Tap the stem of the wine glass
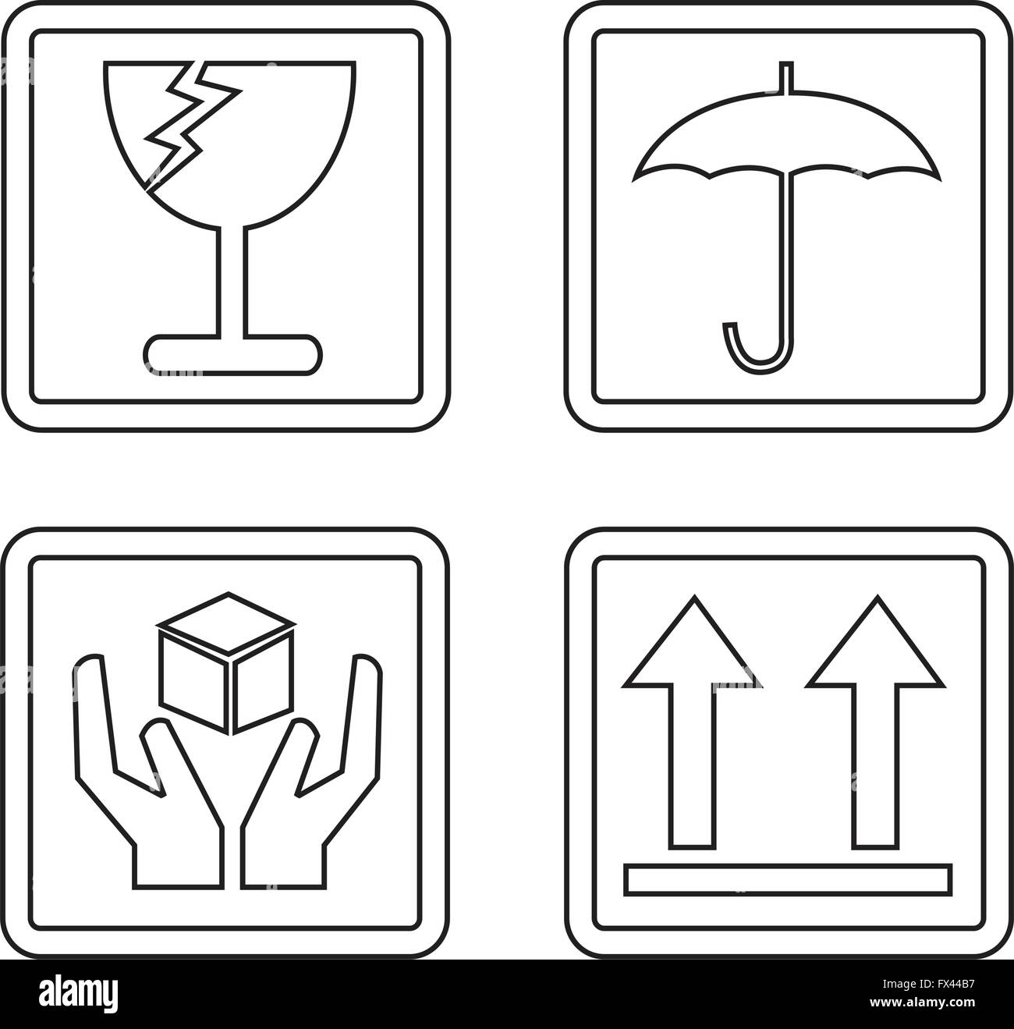[232, 281]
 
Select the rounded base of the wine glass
[232, 352]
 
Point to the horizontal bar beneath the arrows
[788, 879]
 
